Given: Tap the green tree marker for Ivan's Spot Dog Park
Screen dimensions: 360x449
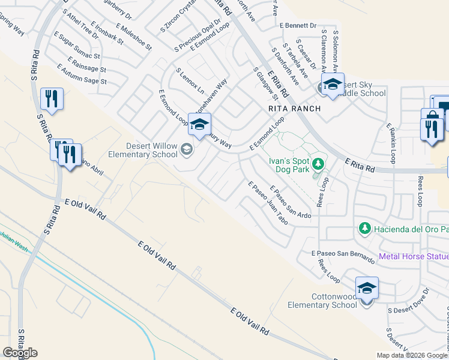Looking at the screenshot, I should point(319,163).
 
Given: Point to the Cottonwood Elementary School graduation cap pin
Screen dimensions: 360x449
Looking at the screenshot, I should point(366,289).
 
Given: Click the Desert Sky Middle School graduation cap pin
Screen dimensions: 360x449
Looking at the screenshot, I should point(332,85).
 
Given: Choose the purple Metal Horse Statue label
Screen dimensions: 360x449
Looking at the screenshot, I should point(414,257).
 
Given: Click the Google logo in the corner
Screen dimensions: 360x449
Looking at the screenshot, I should point(20,352).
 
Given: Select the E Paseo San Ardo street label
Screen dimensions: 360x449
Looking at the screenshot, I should point(291,203).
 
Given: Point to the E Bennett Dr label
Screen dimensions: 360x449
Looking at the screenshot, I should point(298,26).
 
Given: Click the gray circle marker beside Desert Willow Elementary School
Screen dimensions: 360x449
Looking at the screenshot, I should point(187,149).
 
